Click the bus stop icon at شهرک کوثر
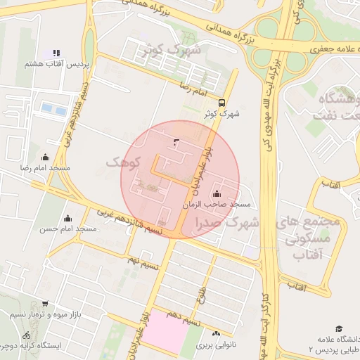click(x=222, y=101)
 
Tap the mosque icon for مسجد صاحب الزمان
click(x=216, y=194)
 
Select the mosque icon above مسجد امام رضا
click(x=46, y=157)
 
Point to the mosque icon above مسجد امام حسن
click(x=67, y=217)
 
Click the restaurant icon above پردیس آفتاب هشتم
click(x=56, y=53)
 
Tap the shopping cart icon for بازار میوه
click(x=45, y=304)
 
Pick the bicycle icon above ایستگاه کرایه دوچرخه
click(x=27, y=335)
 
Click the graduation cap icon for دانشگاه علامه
click(x=339, y=328)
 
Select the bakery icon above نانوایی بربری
click(x=216, y=333)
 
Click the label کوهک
click(x=124, y=162)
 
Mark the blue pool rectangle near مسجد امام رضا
click(x=49, y=109)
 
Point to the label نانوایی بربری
click(x=214, y=345)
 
